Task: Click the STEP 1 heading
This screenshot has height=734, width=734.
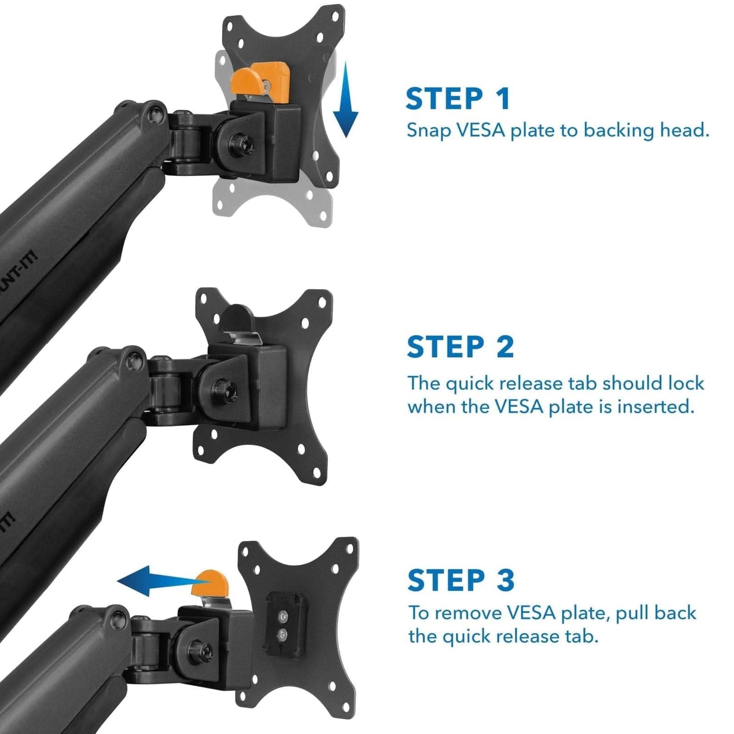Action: (457, 99)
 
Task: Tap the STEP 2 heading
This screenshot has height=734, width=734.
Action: (460, 347)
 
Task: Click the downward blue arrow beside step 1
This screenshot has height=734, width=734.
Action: (345, 101)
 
